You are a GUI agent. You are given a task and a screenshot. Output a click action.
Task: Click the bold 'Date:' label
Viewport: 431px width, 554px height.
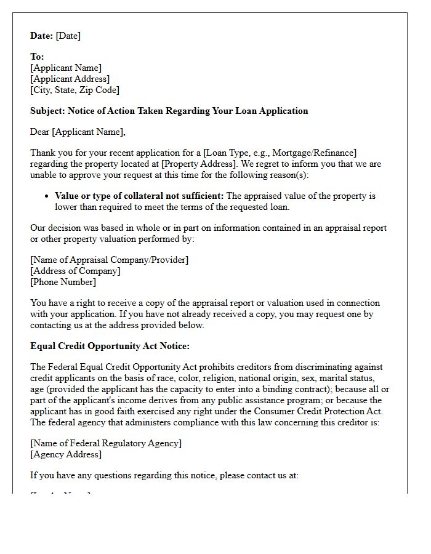[x=42, y=36]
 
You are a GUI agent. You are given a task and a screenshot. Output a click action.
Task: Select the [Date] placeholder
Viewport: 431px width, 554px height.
[x=68, y=36]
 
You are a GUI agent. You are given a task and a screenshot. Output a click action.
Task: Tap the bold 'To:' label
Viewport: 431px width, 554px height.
[x=37, y=57]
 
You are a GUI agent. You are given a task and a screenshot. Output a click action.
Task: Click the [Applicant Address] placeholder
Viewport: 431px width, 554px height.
[x=70, y=79]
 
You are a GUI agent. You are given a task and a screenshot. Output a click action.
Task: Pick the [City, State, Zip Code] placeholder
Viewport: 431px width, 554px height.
[x=75, y=90]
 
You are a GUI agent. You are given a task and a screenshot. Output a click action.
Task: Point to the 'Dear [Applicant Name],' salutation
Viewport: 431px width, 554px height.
[x=78, y=132]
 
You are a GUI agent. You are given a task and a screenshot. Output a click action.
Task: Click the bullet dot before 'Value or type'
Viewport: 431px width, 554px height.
[x=47, y=196]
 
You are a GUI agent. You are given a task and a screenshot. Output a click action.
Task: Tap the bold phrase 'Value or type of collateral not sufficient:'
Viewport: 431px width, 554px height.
[x=140, y=196]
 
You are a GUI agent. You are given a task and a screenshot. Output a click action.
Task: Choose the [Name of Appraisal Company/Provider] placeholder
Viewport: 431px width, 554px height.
[x=110, y=260]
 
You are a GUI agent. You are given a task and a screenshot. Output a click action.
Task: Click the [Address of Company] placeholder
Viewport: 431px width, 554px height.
[x=75, y=271]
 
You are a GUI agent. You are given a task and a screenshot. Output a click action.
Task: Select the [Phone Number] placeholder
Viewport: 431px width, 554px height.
[x=63, y=282]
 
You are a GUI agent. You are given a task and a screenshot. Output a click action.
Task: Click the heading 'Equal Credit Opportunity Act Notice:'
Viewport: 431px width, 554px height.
[x=110, y=346]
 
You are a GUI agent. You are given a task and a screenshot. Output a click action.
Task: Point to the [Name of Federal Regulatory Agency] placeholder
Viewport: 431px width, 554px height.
[x=106, y=443]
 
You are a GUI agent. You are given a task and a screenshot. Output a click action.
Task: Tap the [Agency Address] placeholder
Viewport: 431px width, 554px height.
[x=66, y=454]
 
